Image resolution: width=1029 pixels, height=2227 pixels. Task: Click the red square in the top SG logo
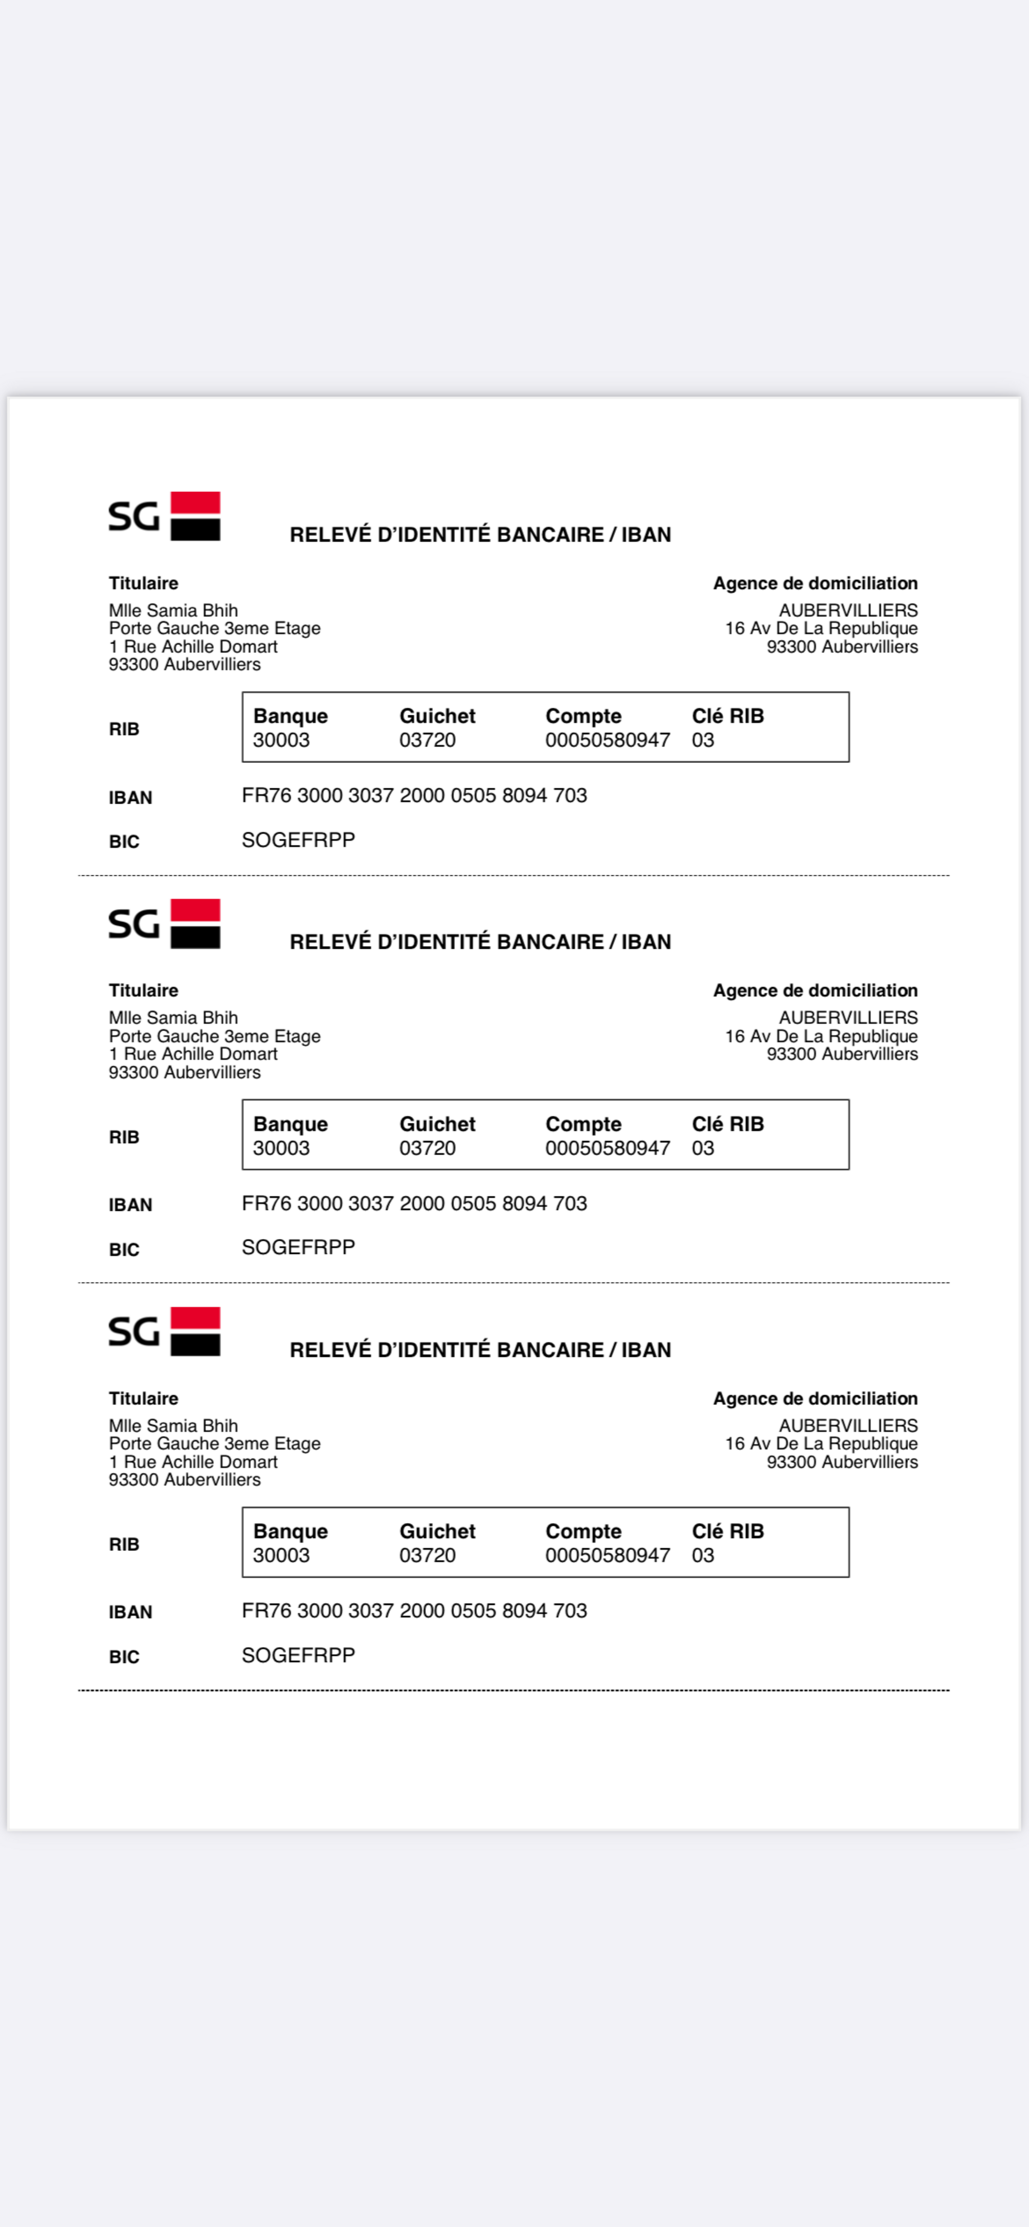click(x=196, y=503)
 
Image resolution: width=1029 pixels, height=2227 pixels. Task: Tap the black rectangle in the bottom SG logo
click(x=196, y=1345)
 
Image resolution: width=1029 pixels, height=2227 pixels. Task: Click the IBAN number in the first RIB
click(x=414, y=796)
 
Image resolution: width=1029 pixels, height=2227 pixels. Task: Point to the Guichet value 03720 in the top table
click(x=427, y=740)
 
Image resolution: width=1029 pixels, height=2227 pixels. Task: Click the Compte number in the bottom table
click(x=607, y=1556)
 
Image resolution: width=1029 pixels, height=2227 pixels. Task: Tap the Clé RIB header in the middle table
click(x=727, y=1124)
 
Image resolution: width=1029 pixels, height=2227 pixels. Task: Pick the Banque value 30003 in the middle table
click(x=281, y=1148)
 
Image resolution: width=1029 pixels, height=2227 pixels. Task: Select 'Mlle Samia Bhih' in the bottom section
click(x=173, y=1426)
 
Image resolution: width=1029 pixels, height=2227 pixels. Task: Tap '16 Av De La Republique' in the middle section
click(x=821, y=1036)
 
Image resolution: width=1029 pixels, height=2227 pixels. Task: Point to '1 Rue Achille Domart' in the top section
click(x=193, y=647)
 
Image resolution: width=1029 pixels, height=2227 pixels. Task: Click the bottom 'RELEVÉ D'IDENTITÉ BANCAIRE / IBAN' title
click(x=480, y=1350)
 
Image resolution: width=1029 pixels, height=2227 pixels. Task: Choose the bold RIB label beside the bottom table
click(x=123, y=1544)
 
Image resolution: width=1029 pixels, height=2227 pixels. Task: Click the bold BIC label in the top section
click(x=123, y=842)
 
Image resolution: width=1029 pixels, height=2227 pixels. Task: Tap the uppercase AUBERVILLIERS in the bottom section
click(x=847, y=1426)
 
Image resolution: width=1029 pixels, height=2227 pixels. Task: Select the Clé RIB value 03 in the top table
click(x=702, y=740)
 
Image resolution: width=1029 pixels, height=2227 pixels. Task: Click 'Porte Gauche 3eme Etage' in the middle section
click(x=215, y=1036)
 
